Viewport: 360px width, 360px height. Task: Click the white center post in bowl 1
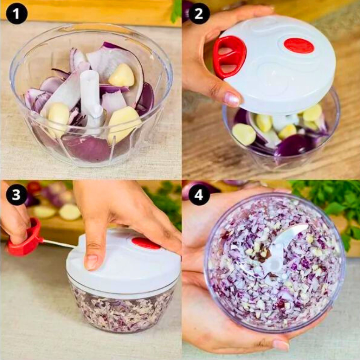90,91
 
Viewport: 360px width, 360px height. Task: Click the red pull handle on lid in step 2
229,56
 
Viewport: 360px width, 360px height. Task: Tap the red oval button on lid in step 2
298,45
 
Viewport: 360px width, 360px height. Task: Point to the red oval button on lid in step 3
146,243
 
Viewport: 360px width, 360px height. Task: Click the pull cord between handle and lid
58,243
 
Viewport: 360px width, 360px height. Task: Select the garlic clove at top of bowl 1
121,75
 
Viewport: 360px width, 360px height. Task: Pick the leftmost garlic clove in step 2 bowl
244,134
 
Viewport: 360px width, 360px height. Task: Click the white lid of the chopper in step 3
123,264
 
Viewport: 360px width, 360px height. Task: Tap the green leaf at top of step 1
176,11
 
